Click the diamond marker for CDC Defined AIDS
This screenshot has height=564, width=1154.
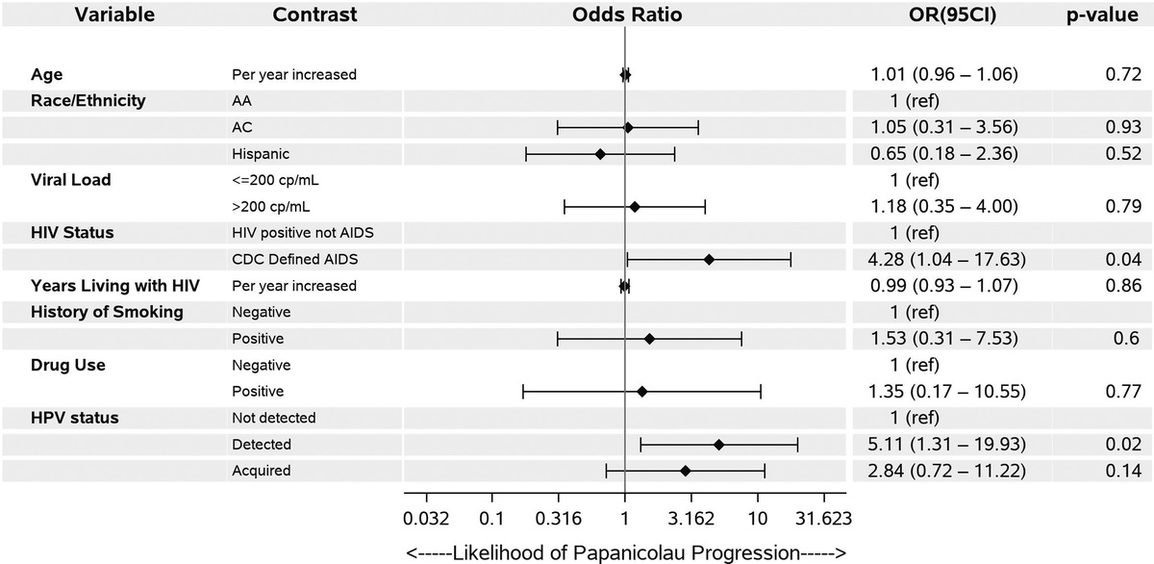pyautogui.click(x=709, y=260)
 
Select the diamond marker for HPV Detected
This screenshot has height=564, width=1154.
pyautogui.click(x=718, y=445)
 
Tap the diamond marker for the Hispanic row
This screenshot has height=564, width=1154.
pyautogui.click(x=600, y=154)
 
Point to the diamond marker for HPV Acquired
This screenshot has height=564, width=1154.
pyautogui.click(x=685, y=471)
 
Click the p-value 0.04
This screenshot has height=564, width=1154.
pyautogui.click(x=1120, y=260)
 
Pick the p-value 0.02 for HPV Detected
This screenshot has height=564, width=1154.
pyautogui.click(x=1120, y=445)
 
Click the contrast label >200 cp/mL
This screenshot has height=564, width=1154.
pyautogui.click(x=271, y=206)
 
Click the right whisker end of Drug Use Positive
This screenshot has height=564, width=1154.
pyautogui.click(x=761, y=392)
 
